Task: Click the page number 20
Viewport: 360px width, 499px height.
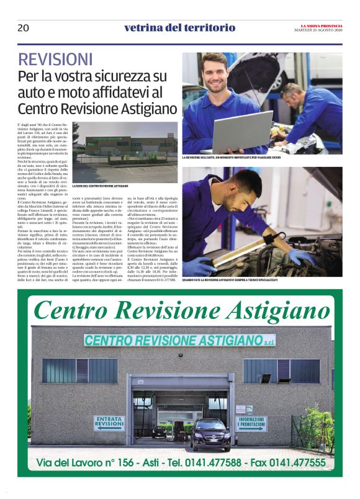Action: click(23, 27)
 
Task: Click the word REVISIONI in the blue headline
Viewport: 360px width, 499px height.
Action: click(55, 60)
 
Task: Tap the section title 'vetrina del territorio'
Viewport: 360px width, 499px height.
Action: click(179, 27)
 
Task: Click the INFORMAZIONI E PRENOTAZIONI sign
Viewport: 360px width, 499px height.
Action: click(251, 423)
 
